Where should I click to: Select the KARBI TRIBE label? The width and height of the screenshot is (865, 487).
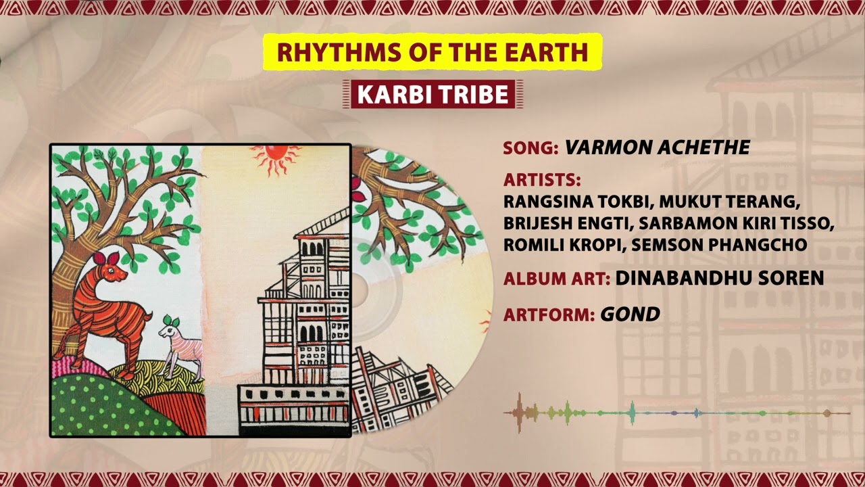432,95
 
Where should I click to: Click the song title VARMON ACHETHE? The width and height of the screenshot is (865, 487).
657,148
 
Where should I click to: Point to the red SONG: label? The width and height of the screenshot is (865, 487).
530,148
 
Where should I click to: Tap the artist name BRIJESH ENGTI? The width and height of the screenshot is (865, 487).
568,223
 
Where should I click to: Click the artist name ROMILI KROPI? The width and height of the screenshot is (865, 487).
562,244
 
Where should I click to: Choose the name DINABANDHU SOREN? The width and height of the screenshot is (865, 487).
719,277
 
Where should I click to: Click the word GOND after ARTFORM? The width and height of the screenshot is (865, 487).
630,314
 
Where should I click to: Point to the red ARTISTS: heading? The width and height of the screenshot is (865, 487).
542,180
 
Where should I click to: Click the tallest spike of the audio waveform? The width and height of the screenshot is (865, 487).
519,411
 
